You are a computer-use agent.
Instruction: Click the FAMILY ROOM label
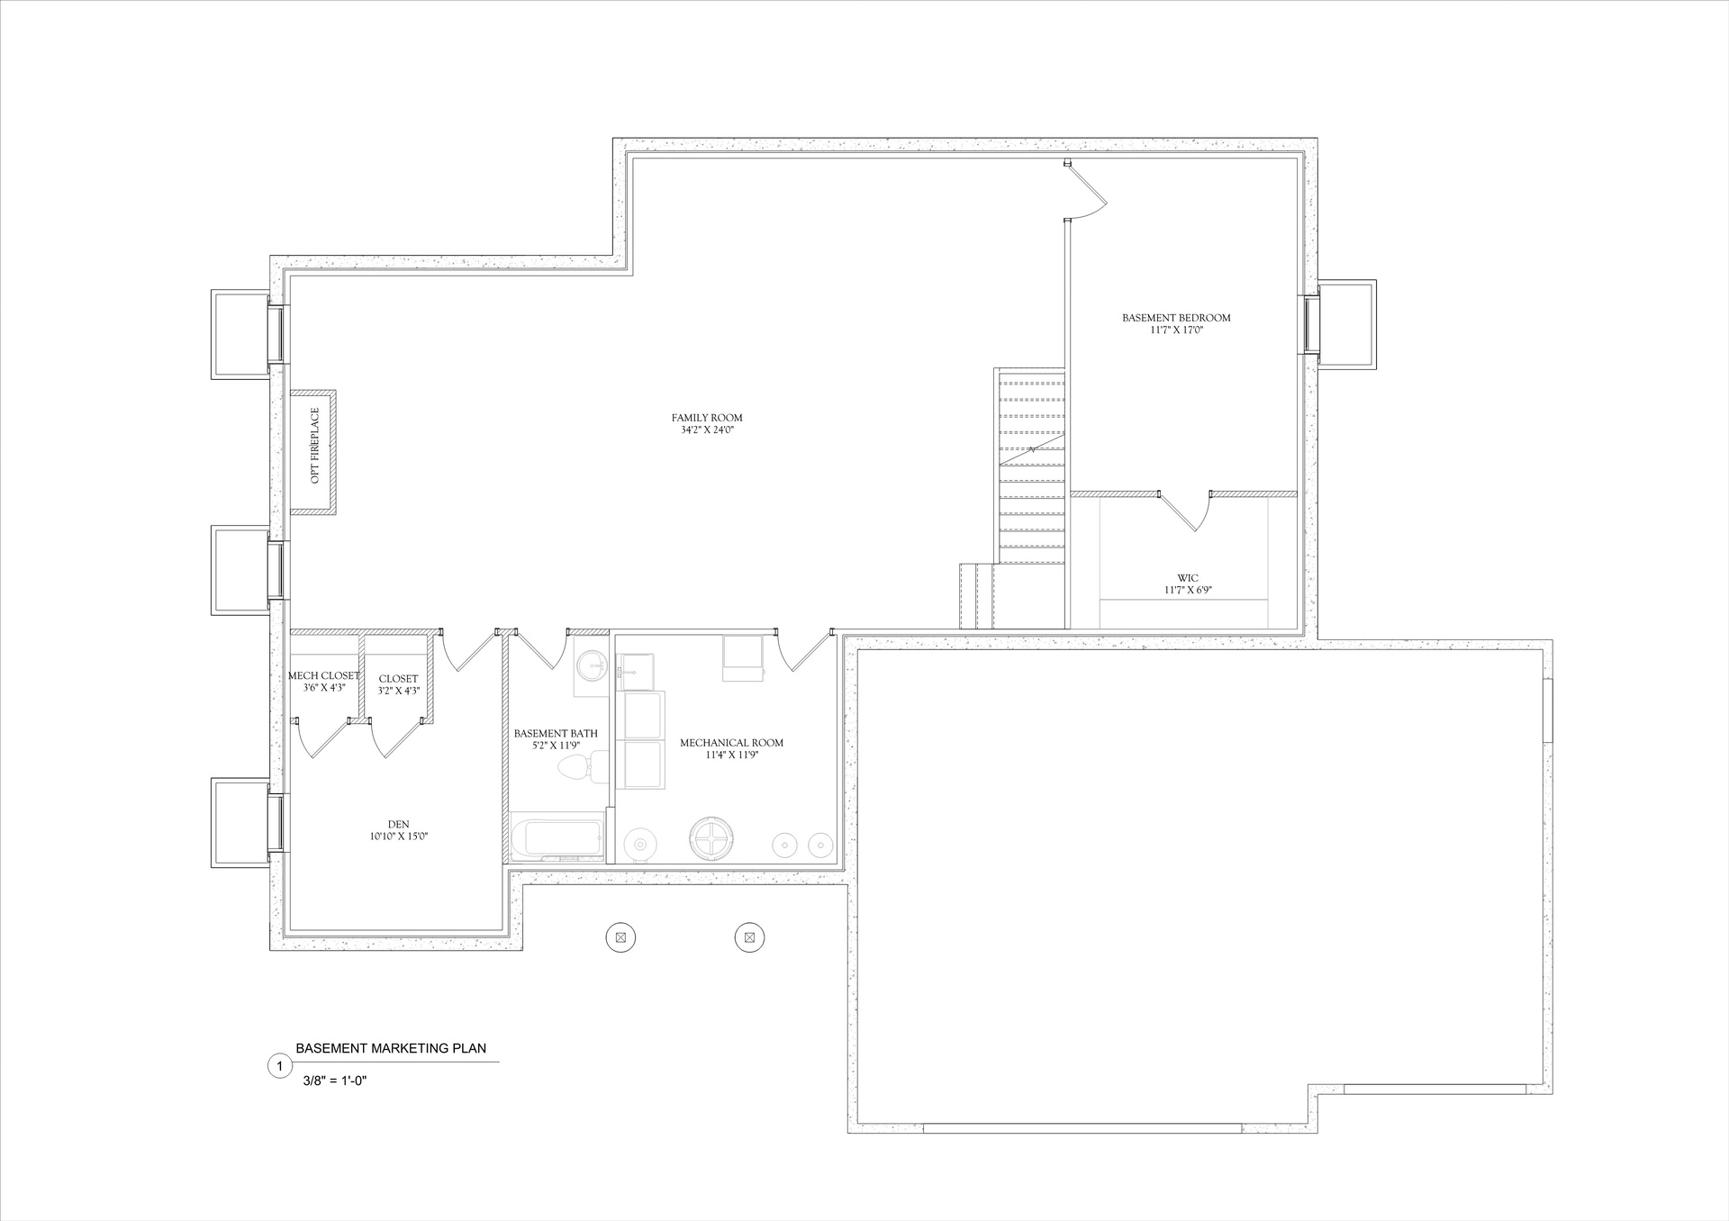pos(707,418)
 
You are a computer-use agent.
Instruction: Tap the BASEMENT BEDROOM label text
pos(1176,318)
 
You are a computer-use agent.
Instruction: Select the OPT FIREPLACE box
pos(313,452)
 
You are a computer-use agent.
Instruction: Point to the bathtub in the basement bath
pos(557,837)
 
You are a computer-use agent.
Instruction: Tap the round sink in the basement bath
pos(591,667)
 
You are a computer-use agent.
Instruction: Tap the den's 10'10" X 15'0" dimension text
pos(398,837)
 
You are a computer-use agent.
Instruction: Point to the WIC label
pos(1188,578)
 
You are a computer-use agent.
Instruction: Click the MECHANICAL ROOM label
pos(731,743)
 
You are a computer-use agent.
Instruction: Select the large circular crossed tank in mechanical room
pos(711,839)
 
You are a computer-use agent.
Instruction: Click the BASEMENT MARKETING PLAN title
pos(391,1048)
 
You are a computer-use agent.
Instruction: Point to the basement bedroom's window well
pos(1346,324)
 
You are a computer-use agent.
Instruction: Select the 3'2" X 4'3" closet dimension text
pos(398,691)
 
